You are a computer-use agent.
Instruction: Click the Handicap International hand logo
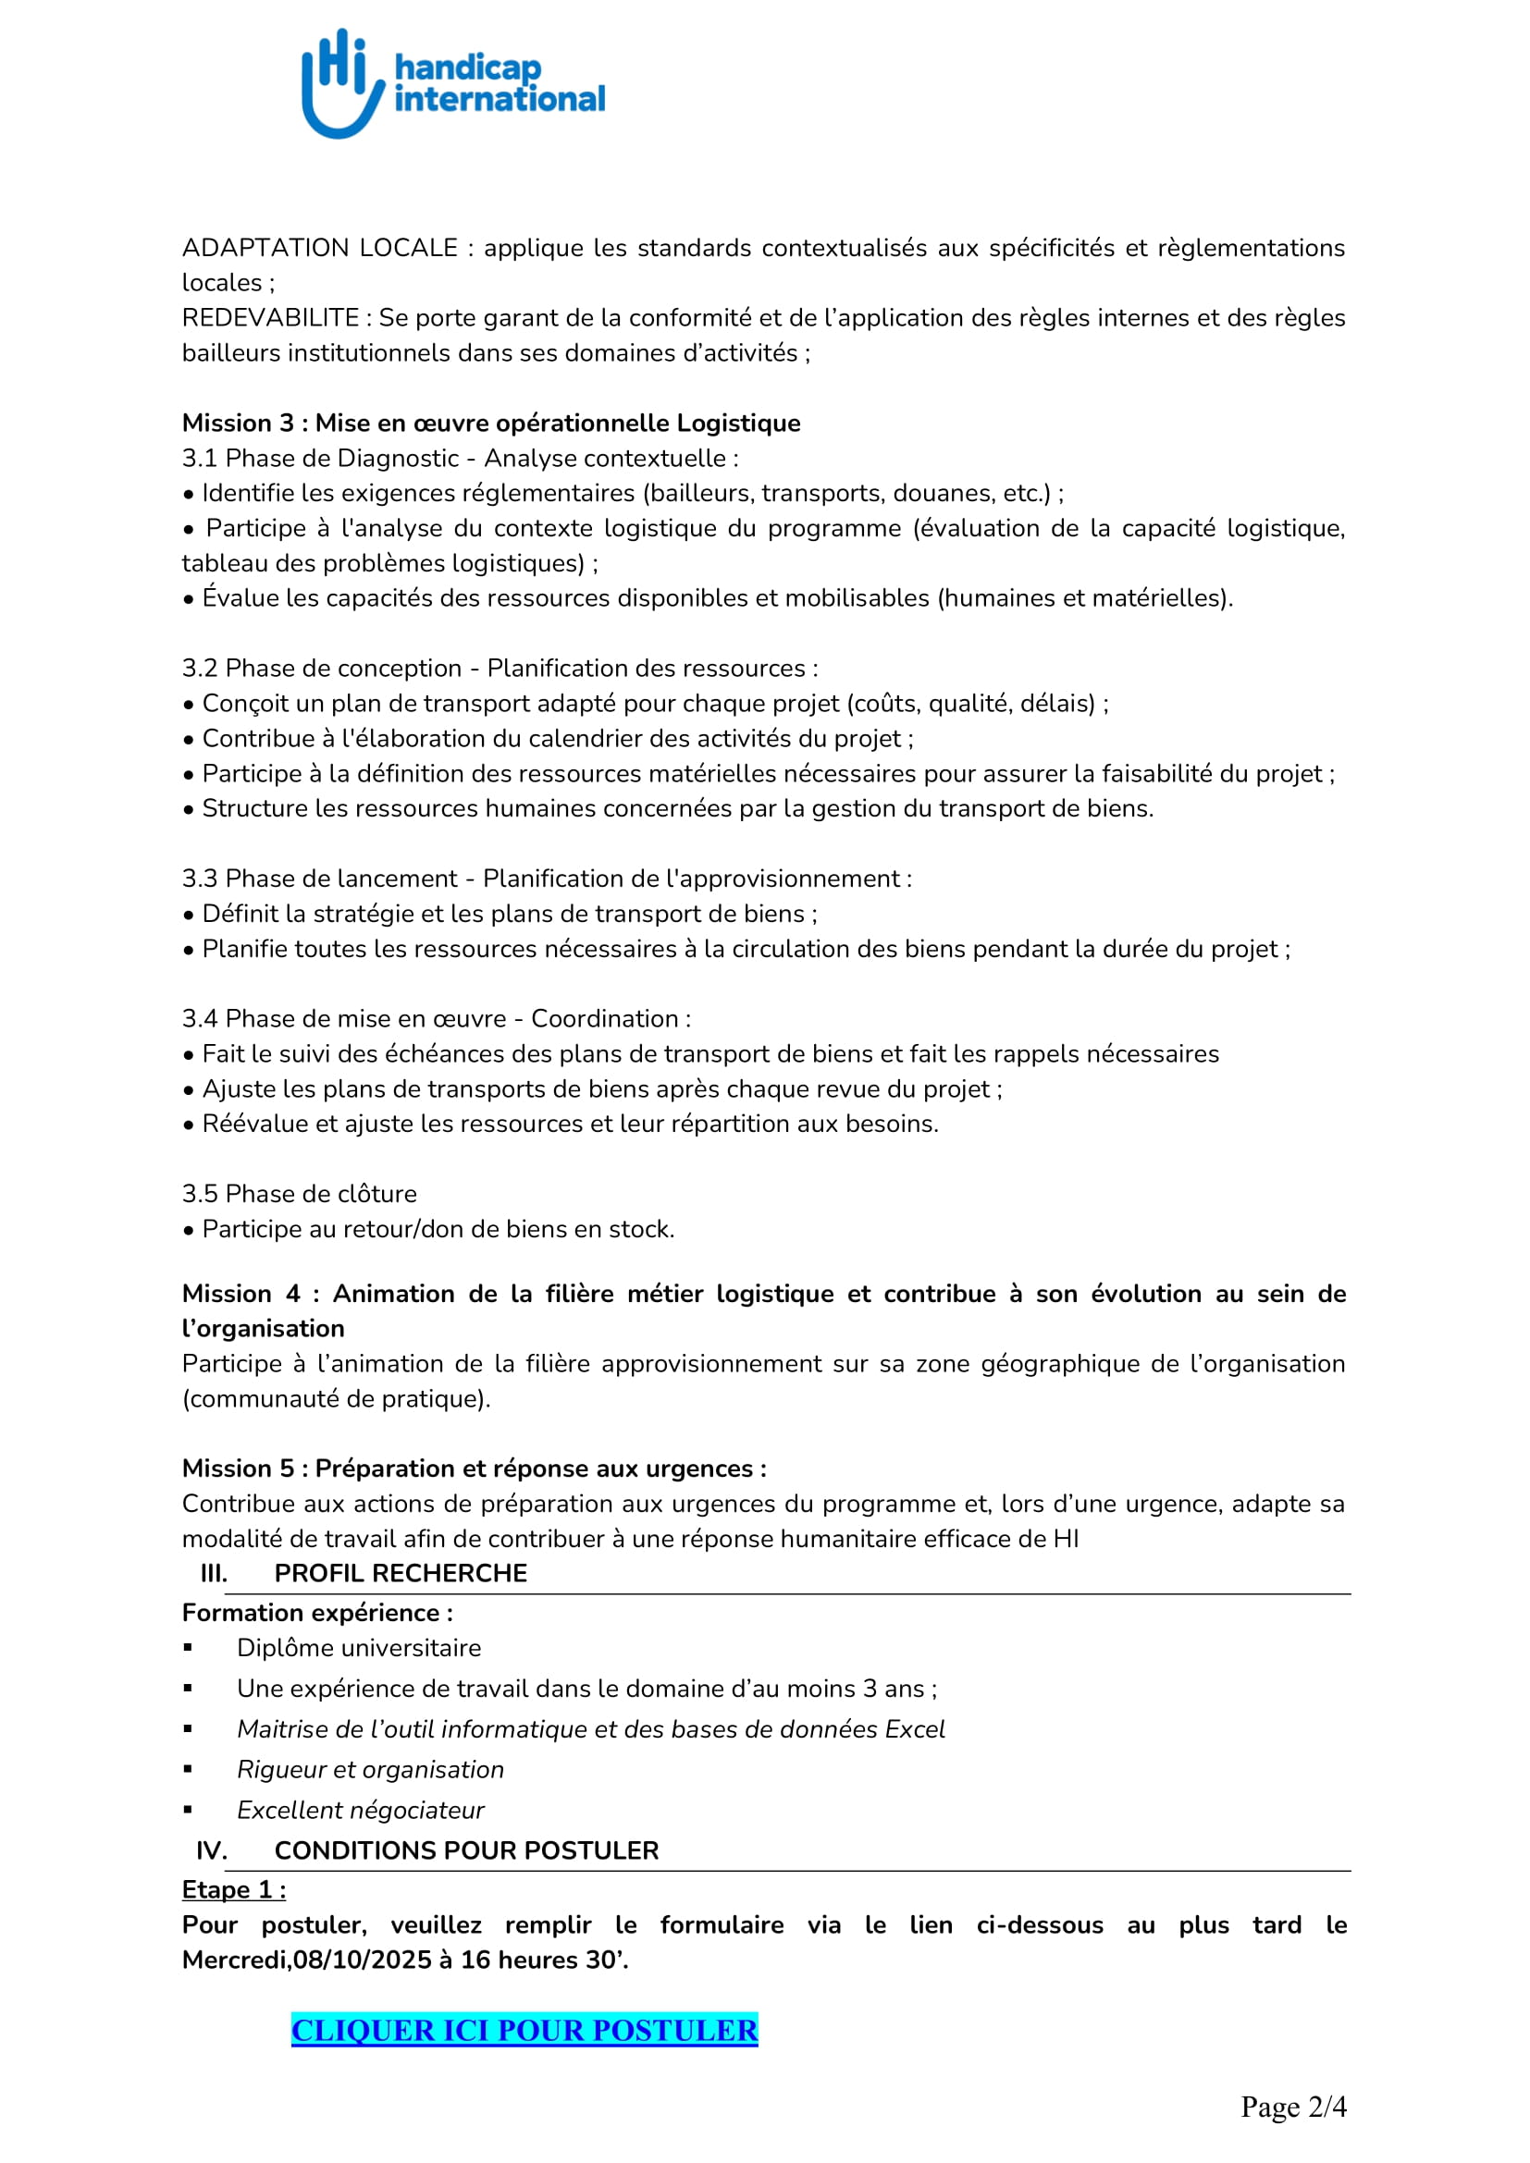[342, 83]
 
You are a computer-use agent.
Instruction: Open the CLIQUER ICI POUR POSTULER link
[524, 2029]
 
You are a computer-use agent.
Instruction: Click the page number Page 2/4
[1292, 2107]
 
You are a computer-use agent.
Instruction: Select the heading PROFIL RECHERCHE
[401, 1573]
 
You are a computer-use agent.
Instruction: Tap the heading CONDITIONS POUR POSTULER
[466, 1850]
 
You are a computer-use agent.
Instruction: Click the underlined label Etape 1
[234, 1890]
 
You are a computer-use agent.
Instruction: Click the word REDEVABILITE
[270, 317]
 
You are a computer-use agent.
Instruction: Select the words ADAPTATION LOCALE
[319, 248]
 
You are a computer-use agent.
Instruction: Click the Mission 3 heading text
[491, 423]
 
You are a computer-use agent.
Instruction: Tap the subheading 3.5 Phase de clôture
[299, 1194]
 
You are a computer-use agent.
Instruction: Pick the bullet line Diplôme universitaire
[359, 1648]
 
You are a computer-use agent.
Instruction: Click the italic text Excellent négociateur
[361, 1810]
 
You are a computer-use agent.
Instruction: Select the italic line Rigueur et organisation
[370, 1769]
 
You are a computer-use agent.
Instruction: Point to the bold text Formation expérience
[316, 1613]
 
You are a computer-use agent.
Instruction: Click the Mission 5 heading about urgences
[474, 1468]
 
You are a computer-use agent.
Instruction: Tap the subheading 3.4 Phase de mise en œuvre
[437, 1018]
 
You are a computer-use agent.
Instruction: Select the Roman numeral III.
[214, 1573]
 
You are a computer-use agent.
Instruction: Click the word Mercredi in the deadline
[235, 1960]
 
